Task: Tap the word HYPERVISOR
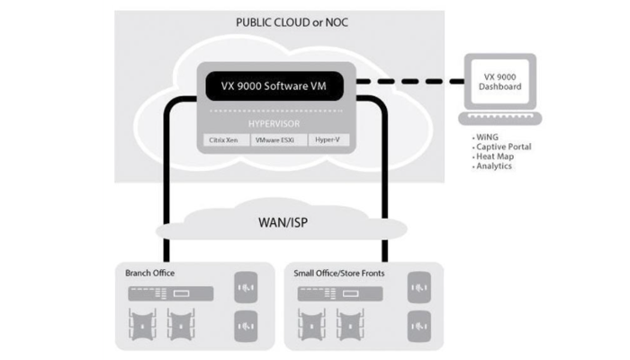click(275, 124)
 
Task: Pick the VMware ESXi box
click(275, 141)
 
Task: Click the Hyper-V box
click(326, 141)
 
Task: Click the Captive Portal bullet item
click(505, 147)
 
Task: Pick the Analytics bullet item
click(498, 166)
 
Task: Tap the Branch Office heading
click(151, 271)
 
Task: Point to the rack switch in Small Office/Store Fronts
click(344, 294)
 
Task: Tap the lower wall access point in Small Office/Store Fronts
click(418, 323)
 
